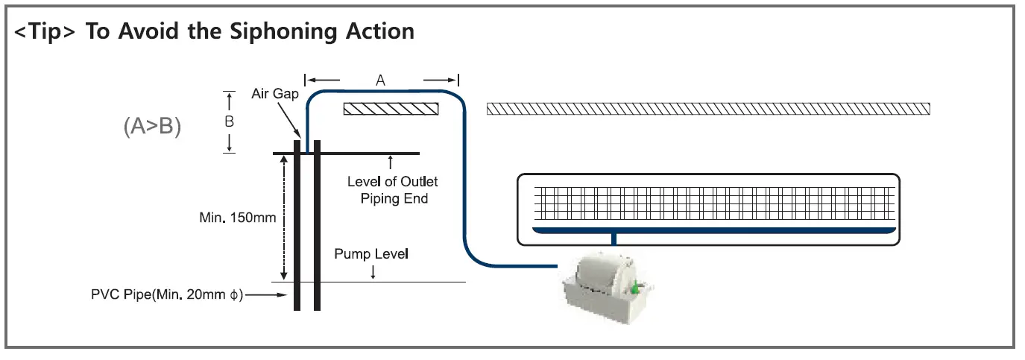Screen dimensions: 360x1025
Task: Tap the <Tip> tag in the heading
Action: pyautogui.click(x=46, y=31)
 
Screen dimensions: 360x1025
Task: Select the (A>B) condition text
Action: pyautogui.click(x=152, y=127)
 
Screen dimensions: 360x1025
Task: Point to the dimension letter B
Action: pyautogui.click(x=230, y=121)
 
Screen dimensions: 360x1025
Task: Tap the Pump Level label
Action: pyautogui.click(x=371, y=254)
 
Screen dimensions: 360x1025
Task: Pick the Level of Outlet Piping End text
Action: pyautogui.click(x=393, y=190)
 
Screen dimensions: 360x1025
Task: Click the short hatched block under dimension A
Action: pyautogui.click(x=391, y=109)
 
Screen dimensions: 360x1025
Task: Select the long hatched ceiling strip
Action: pyautogui.click(x=708, y=109)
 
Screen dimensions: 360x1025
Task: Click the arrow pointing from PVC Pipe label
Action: pyautogui.click(x=268, y=295)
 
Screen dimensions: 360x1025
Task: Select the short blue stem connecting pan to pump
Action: pyautogui.click(x=614, y=240)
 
